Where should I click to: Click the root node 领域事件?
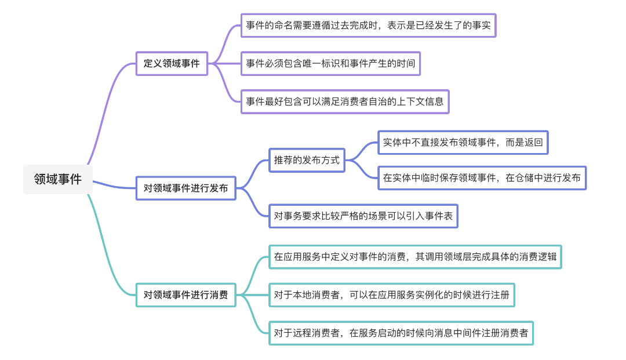point(57,180)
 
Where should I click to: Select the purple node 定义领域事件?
point(172,64)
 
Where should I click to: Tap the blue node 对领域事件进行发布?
point(185,188)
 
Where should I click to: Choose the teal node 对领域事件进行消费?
point(185,295)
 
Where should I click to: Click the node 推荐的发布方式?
point(307,161)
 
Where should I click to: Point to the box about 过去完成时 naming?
point(369,26)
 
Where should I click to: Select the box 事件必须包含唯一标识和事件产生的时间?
point(330,64)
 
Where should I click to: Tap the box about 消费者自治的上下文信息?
point(345,101)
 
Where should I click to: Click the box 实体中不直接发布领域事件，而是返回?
point(463,143)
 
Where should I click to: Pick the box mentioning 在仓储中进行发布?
point(482,178)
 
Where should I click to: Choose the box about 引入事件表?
point(363,216)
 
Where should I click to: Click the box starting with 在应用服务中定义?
point(415,257)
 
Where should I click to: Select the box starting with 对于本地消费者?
point(392,295)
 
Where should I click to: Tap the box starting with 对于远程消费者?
point(401,333)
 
